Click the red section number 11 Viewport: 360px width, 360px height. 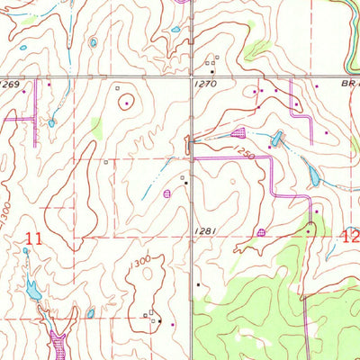[x=34, y=238]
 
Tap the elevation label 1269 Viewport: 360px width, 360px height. [x=10, y=85]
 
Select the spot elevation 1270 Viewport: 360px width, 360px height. [x=205, y=83]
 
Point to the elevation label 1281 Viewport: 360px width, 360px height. [x=205, y=231]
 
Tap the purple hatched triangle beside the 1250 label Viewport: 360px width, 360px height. [x=238, y=133]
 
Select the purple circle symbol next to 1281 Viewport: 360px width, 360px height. [x=261, y=232]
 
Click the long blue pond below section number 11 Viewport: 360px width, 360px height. [x=33, y=290]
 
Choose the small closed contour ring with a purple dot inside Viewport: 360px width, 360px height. [x=125, y=103]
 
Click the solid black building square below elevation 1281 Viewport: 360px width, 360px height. [x=199, y=285]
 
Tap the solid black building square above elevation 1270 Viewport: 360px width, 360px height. [x=212, y=71]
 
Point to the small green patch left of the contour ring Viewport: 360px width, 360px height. [x=96, y=129]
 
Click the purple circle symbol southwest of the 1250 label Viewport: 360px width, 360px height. [x=166, y=193]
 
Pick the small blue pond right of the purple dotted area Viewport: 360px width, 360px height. [x=90, y=314]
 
